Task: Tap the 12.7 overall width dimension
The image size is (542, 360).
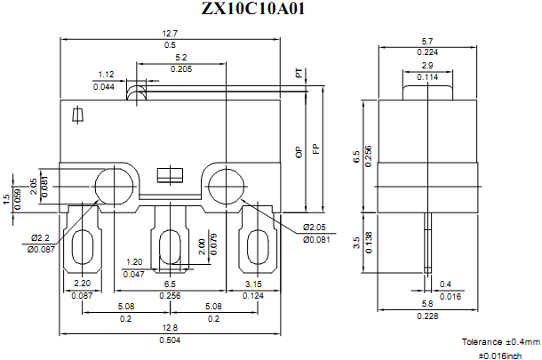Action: [170, 33]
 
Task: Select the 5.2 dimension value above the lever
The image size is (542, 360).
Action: [180, 57]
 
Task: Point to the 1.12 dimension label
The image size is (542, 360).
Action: [106, 75]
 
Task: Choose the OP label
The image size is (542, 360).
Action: [299, 152]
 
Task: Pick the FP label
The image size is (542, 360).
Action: [315, 152]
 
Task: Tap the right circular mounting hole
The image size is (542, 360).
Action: [225, 185]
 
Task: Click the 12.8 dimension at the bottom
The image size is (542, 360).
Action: [169, 329]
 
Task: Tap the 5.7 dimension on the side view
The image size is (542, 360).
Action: [426, 41]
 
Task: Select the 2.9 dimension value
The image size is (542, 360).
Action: [426, 66]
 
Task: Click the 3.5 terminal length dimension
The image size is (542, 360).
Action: [356, 241]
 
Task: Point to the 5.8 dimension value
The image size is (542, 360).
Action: [426, 305]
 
